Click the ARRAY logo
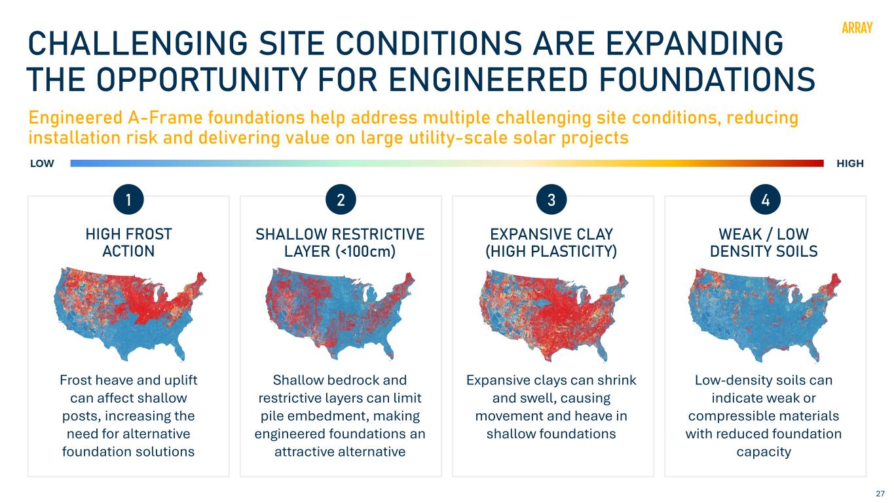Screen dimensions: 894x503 tap(857, 28)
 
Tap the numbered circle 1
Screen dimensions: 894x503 tap(128, 200)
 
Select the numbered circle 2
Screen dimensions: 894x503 tap(341, 200)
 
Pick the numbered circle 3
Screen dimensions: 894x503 tap(551, 200)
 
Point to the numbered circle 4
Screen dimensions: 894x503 tap(765, 200)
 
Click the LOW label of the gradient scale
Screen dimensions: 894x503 tap(42, 163)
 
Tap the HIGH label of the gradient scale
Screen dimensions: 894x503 tap(850, 163)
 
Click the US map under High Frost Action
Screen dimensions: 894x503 tap(130, 314)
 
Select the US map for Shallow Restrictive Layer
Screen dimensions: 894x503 tap(340, 314)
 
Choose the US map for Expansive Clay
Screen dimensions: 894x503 tap(553, 316)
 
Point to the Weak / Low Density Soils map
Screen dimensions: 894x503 tap(765, 316)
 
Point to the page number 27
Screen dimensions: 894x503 tap(880, 493)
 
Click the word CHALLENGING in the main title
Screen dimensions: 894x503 tap(138, 43)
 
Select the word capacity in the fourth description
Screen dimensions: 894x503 tap(764, 453)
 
